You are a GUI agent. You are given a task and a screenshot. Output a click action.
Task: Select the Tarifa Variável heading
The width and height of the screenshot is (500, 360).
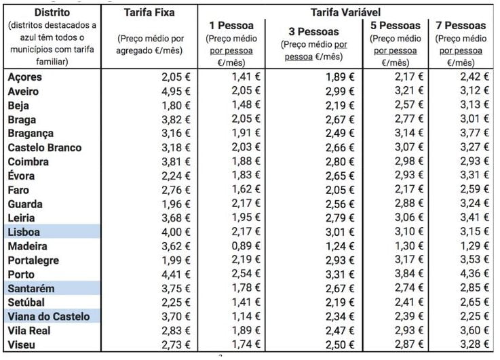(345, 13)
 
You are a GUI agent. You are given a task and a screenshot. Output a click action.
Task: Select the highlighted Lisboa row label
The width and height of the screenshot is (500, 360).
(26, 232)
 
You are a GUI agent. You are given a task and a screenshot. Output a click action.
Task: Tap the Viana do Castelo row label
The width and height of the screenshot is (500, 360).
(48, 316)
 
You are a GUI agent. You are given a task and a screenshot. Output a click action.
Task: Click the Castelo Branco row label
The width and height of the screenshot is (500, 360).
(44, 147)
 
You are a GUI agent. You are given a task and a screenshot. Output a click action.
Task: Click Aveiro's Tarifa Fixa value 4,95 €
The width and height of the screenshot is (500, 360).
(175, 91)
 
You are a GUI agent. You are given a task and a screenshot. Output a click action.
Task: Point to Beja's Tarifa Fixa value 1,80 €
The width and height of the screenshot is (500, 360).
(175, 105)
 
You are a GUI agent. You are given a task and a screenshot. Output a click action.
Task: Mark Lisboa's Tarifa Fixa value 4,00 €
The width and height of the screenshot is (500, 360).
(175, 232)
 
